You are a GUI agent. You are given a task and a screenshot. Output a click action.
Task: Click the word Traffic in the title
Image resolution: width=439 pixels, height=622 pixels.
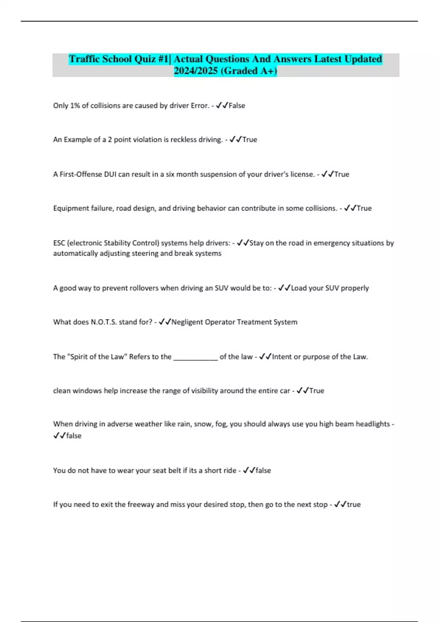click(85, 59)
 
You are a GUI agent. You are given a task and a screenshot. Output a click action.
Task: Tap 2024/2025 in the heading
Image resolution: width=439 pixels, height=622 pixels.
click(196, 71)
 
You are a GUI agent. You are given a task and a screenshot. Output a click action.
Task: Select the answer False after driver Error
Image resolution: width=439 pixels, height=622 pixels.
click(237, 106)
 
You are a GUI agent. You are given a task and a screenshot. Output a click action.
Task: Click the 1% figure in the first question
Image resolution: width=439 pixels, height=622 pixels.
click(75, 106)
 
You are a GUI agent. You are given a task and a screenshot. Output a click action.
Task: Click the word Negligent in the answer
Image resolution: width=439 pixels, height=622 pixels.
click(187, 322)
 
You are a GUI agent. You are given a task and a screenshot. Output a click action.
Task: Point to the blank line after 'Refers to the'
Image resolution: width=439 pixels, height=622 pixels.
click(195, 357)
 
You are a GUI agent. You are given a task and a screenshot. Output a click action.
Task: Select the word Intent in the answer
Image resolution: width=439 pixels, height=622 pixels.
click(282, 357)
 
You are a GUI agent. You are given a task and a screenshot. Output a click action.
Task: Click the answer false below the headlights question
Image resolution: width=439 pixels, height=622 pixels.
click(74, 436)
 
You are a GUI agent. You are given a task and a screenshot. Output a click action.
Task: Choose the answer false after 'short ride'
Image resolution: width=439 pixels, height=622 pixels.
click(263, 471)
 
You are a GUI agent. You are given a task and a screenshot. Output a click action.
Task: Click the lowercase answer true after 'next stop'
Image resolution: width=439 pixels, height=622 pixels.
click(354, 505)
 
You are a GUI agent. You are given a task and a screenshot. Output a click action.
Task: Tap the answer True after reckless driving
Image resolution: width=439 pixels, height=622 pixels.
click(249, 140)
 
